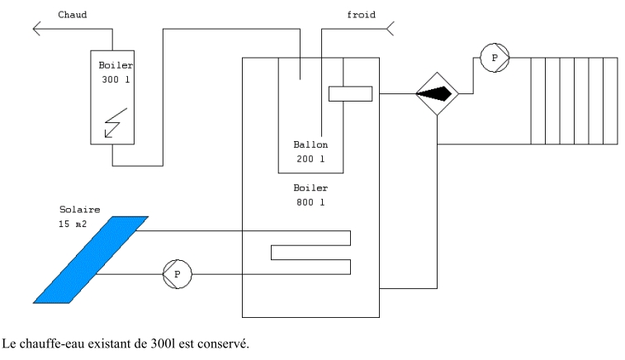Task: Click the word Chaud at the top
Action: [73, 14]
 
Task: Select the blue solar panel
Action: [91, 258]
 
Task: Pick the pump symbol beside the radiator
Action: [495, 58]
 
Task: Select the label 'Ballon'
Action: [310, 144]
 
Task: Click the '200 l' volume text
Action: [310, 159]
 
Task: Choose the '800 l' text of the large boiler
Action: [310, 201]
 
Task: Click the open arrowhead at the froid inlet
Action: [391, 30]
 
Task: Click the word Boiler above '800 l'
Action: [310, 187]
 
